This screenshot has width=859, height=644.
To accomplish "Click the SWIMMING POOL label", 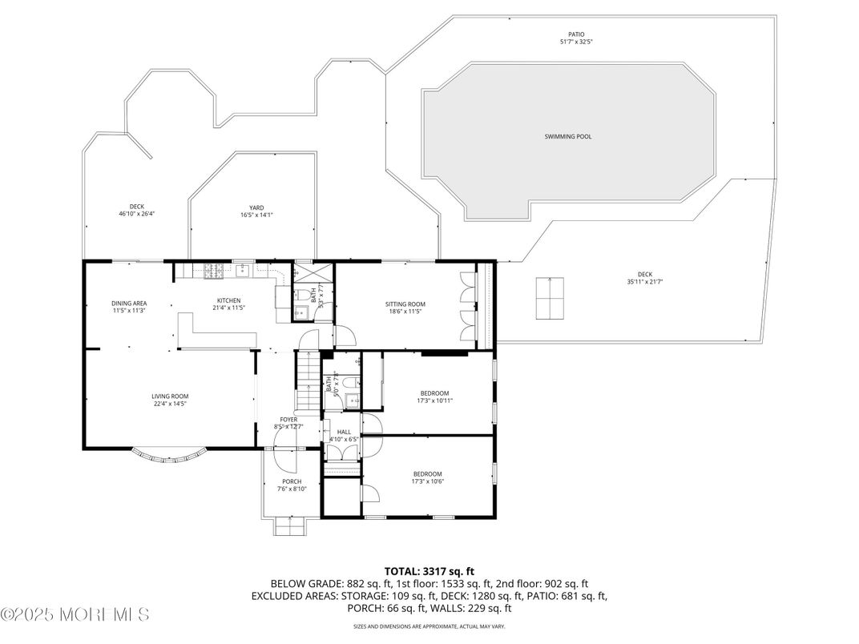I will (x=568, y=137).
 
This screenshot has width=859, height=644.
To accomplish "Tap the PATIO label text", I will (x=576, y=34).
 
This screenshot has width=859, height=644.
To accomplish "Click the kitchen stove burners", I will (x=213, y=272).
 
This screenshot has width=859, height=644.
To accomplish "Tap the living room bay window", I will (x=167, y=457).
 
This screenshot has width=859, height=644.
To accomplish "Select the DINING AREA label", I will (x=129, y=303).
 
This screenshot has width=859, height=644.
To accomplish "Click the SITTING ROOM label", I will (x=405, y=304).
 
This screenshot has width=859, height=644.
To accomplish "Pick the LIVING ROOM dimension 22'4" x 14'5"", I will (x=170, y=404).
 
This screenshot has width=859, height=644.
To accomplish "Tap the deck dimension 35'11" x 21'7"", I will (x=644, y=282).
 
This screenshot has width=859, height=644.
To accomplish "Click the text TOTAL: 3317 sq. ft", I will (x=429, y=571).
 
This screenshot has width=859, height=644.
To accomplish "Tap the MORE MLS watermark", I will (x=75, y=615).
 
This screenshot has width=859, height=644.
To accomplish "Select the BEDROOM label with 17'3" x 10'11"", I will (x=435, y=392).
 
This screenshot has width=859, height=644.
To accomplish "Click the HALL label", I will (x=344, y=432).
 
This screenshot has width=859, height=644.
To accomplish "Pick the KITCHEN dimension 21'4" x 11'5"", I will (x=228, y=308).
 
